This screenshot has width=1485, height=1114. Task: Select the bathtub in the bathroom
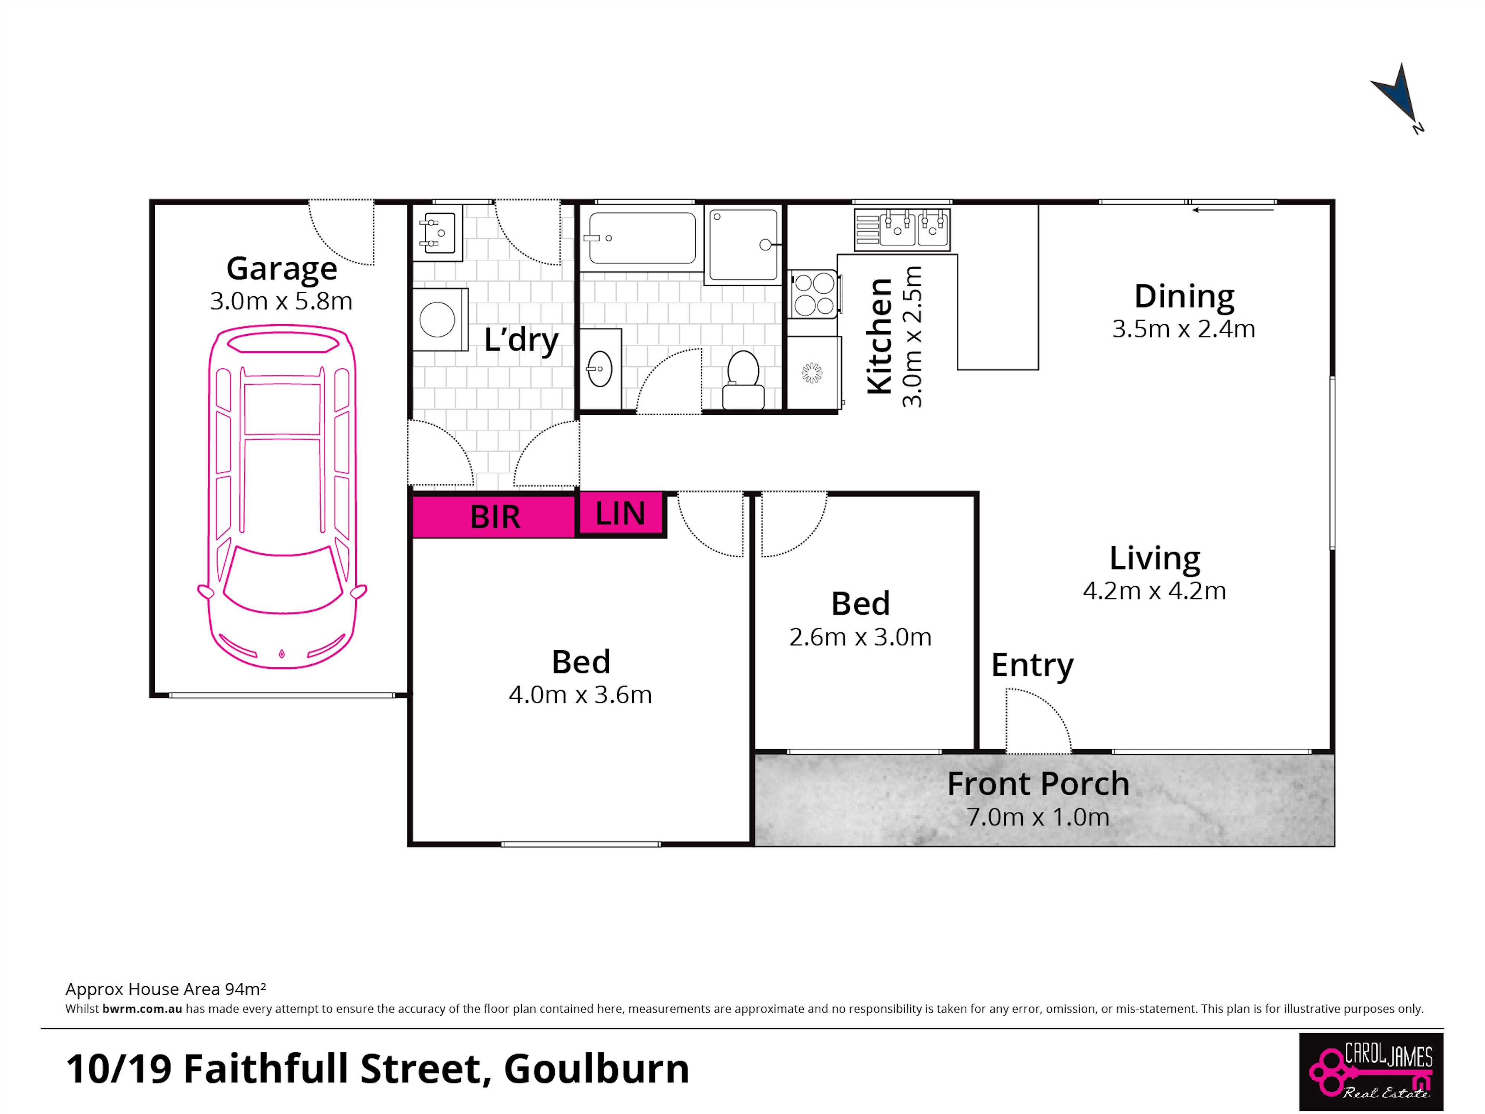click(643, 238)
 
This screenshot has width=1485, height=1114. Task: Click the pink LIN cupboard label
click(620, 514)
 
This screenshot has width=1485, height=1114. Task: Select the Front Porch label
click(1038, 784)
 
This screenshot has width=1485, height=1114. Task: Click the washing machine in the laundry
click(439, 320)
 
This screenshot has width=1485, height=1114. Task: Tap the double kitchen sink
click(902, 229)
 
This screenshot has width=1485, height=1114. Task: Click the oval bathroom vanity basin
click(600, 369)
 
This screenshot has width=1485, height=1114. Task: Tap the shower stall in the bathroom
click(743, 244)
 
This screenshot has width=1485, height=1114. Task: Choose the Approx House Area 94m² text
click(166, 989)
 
